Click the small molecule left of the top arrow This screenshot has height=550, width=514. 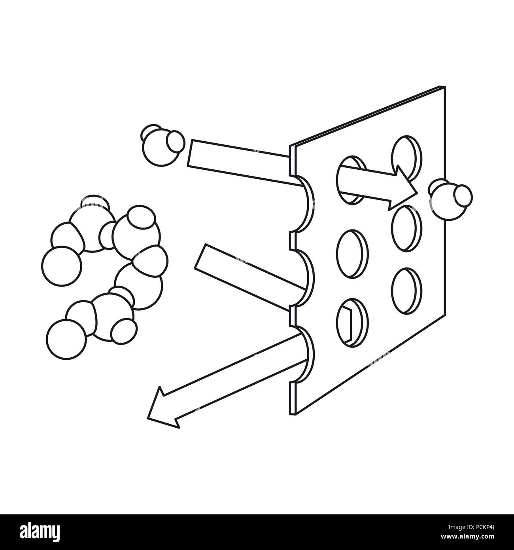click(162, 145)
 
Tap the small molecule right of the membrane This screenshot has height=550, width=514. click(450, 199)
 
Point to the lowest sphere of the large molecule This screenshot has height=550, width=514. click(66, 339)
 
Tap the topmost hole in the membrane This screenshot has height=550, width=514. click(406, 158)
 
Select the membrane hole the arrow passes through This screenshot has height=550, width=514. click(352, 180)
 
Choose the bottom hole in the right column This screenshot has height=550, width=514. click(406, 291)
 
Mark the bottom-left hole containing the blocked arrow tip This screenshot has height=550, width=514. click(352, 322)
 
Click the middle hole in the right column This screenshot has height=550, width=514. click(406, 228)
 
